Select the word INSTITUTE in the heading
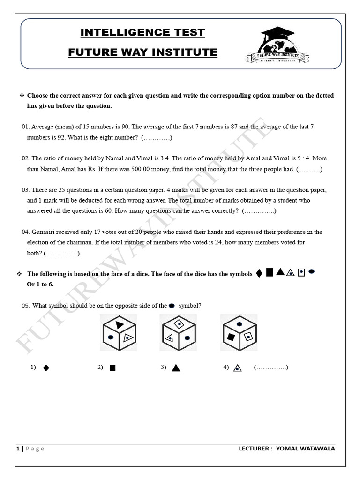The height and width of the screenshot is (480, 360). point(191,52)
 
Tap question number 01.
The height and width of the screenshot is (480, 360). point(26,127)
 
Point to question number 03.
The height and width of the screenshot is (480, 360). point(26,190)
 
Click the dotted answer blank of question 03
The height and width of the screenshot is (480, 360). point(259,211)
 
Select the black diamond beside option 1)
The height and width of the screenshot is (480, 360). point(46,368)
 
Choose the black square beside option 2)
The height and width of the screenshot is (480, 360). point(112,368)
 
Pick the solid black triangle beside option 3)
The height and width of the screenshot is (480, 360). point(176,368)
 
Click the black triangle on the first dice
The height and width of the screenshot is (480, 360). point(120,324)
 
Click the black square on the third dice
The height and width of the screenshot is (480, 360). point(231,337)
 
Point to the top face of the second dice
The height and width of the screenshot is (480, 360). point(179,324)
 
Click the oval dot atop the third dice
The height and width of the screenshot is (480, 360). point(240,324)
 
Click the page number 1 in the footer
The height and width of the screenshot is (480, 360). point(18,449)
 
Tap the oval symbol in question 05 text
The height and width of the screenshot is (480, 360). point(172,306)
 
